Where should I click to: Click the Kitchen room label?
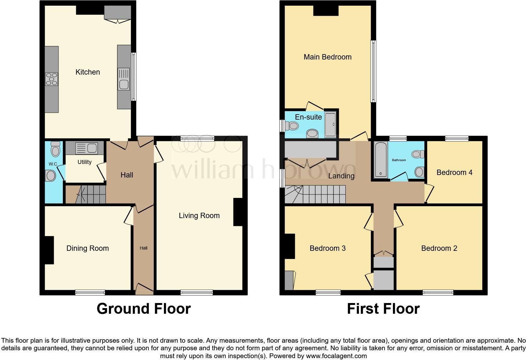click(87, 72)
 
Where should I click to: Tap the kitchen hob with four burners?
click(52, 79)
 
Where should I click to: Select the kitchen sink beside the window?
click(124, 84)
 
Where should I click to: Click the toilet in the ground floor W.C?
click(55, 149)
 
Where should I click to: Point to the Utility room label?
click(84, 162)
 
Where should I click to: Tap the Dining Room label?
click(87, 248)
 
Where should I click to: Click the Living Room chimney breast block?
click(238, 212)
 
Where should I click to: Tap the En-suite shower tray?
click(330, 124)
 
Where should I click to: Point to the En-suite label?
click(308, 117)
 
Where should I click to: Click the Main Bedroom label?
click(327, 57)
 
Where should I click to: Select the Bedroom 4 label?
click(454, 172)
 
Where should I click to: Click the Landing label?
click(341, 176)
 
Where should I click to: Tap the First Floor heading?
click(383, 309)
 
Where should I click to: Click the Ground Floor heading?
click(143, 309)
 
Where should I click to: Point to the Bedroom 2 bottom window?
click(438, 293)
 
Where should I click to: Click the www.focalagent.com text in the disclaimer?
click(336, 356)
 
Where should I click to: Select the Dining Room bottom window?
click(90, 293)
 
